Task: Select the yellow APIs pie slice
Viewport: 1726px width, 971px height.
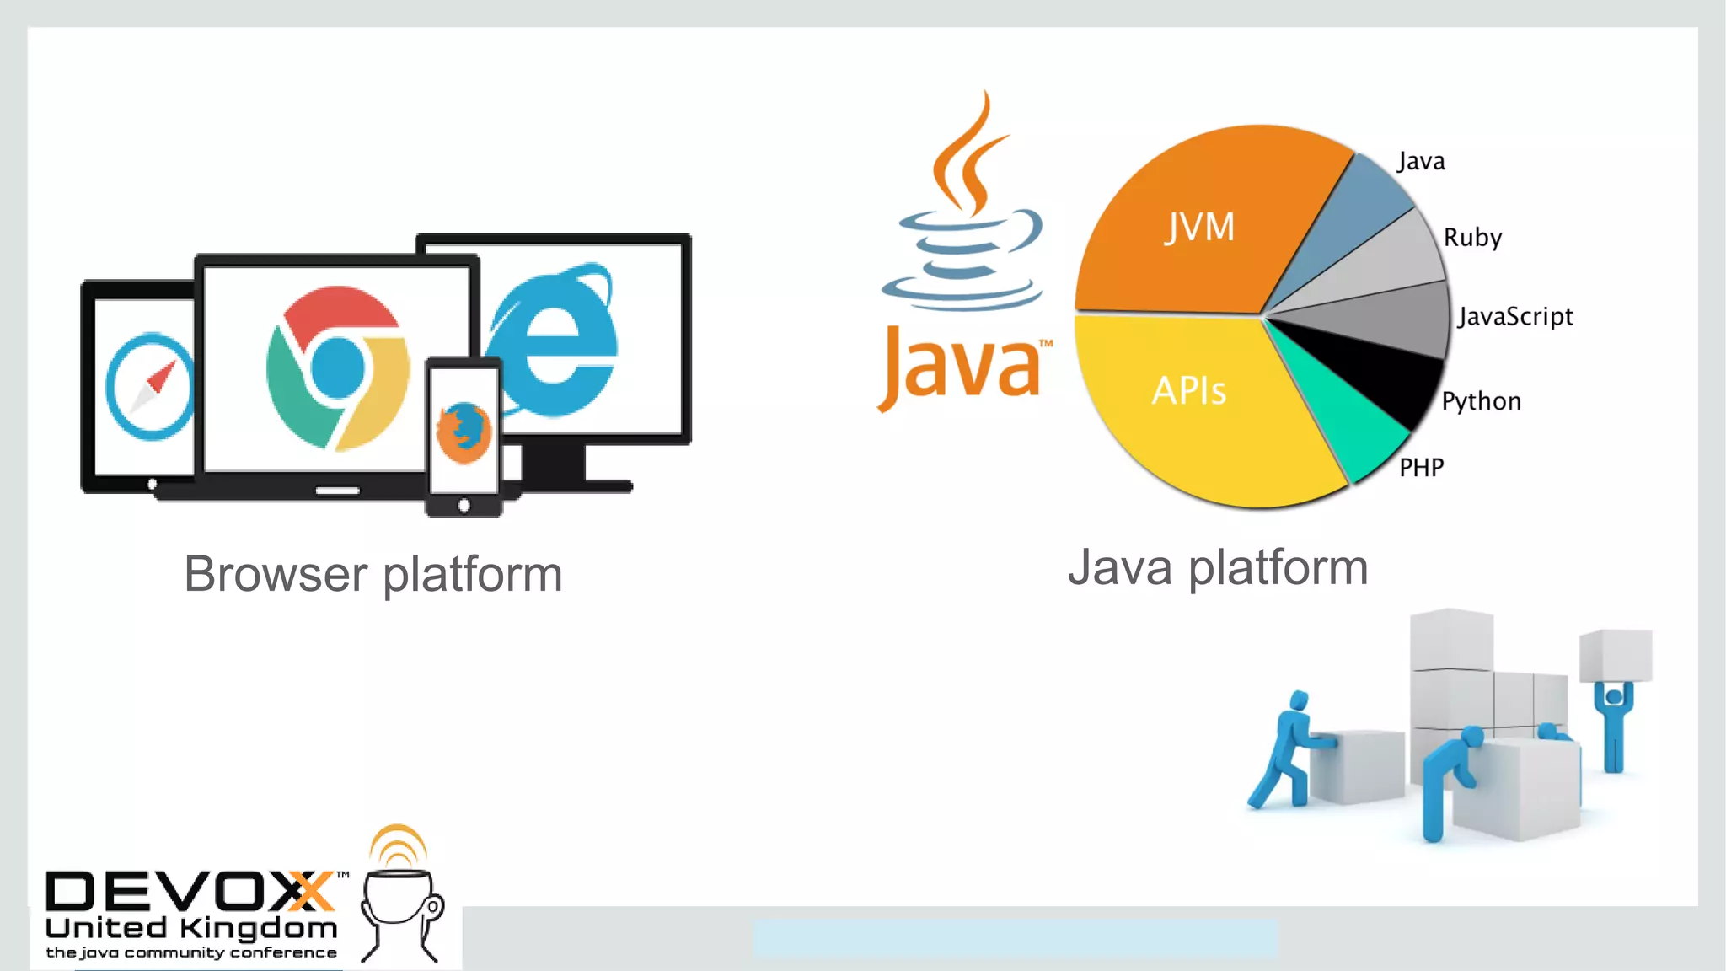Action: [1197, 405]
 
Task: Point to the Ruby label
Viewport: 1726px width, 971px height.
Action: [1472, 238]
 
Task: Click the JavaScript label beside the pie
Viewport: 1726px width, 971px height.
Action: [1515, 317]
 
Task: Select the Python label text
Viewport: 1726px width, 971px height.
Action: [1481, 401]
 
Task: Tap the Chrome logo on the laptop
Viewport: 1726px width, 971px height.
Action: [337, 367]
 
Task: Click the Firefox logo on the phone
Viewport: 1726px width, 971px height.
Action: [464, 432]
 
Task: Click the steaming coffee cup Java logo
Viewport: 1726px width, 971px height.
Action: [965, 211]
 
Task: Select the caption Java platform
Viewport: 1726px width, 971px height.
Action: [1217, 568]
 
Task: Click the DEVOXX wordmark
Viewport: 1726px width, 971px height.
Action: [190, 891]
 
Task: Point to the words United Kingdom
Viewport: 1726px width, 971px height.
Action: [191, 929]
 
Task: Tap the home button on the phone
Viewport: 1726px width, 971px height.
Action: [464, 506]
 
